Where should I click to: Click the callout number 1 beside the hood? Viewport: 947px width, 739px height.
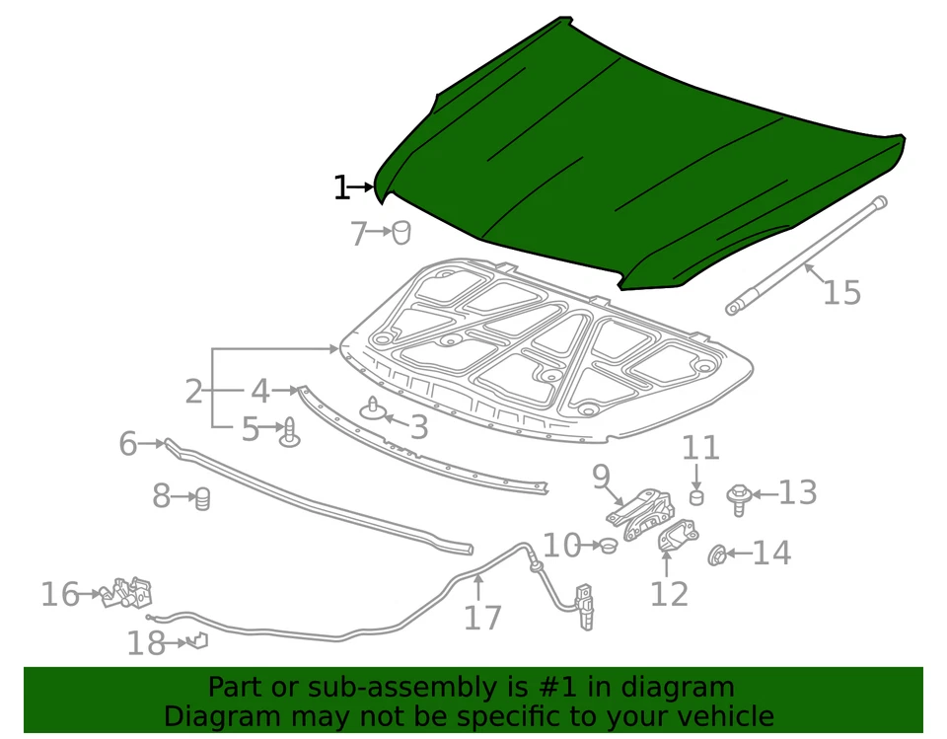tap(341, 187)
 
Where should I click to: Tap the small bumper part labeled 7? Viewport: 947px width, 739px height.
tap(401, 233)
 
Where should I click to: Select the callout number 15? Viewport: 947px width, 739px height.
tap(841, 293)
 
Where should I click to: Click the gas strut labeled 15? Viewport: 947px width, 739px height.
tap(804, 257)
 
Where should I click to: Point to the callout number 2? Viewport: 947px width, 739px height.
tap(193, 392)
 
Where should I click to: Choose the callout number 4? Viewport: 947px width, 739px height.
tap(259, 392)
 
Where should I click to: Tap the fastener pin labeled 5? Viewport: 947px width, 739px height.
tap(290, 433)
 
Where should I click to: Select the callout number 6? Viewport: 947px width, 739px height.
tap(127, 444)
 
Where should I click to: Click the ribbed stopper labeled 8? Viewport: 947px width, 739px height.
tap(203, 499)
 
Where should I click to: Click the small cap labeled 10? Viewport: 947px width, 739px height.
tap(609, 545)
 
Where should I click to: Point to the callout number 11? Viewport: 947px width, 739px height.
tap(701, 448)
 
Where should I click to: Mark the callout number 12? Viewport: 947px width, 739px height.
tap(669, 594)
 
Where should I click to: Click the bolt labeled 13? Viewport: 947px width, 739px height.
tap(737, 496)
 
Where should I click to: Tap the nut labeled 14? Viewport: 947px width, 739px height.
tap(717, 555)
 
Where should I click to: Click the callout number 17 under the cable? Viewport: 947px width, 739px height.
tap(482, 618)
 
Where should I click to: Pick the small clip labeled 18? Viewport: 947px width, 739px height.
tap(198, 641)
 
